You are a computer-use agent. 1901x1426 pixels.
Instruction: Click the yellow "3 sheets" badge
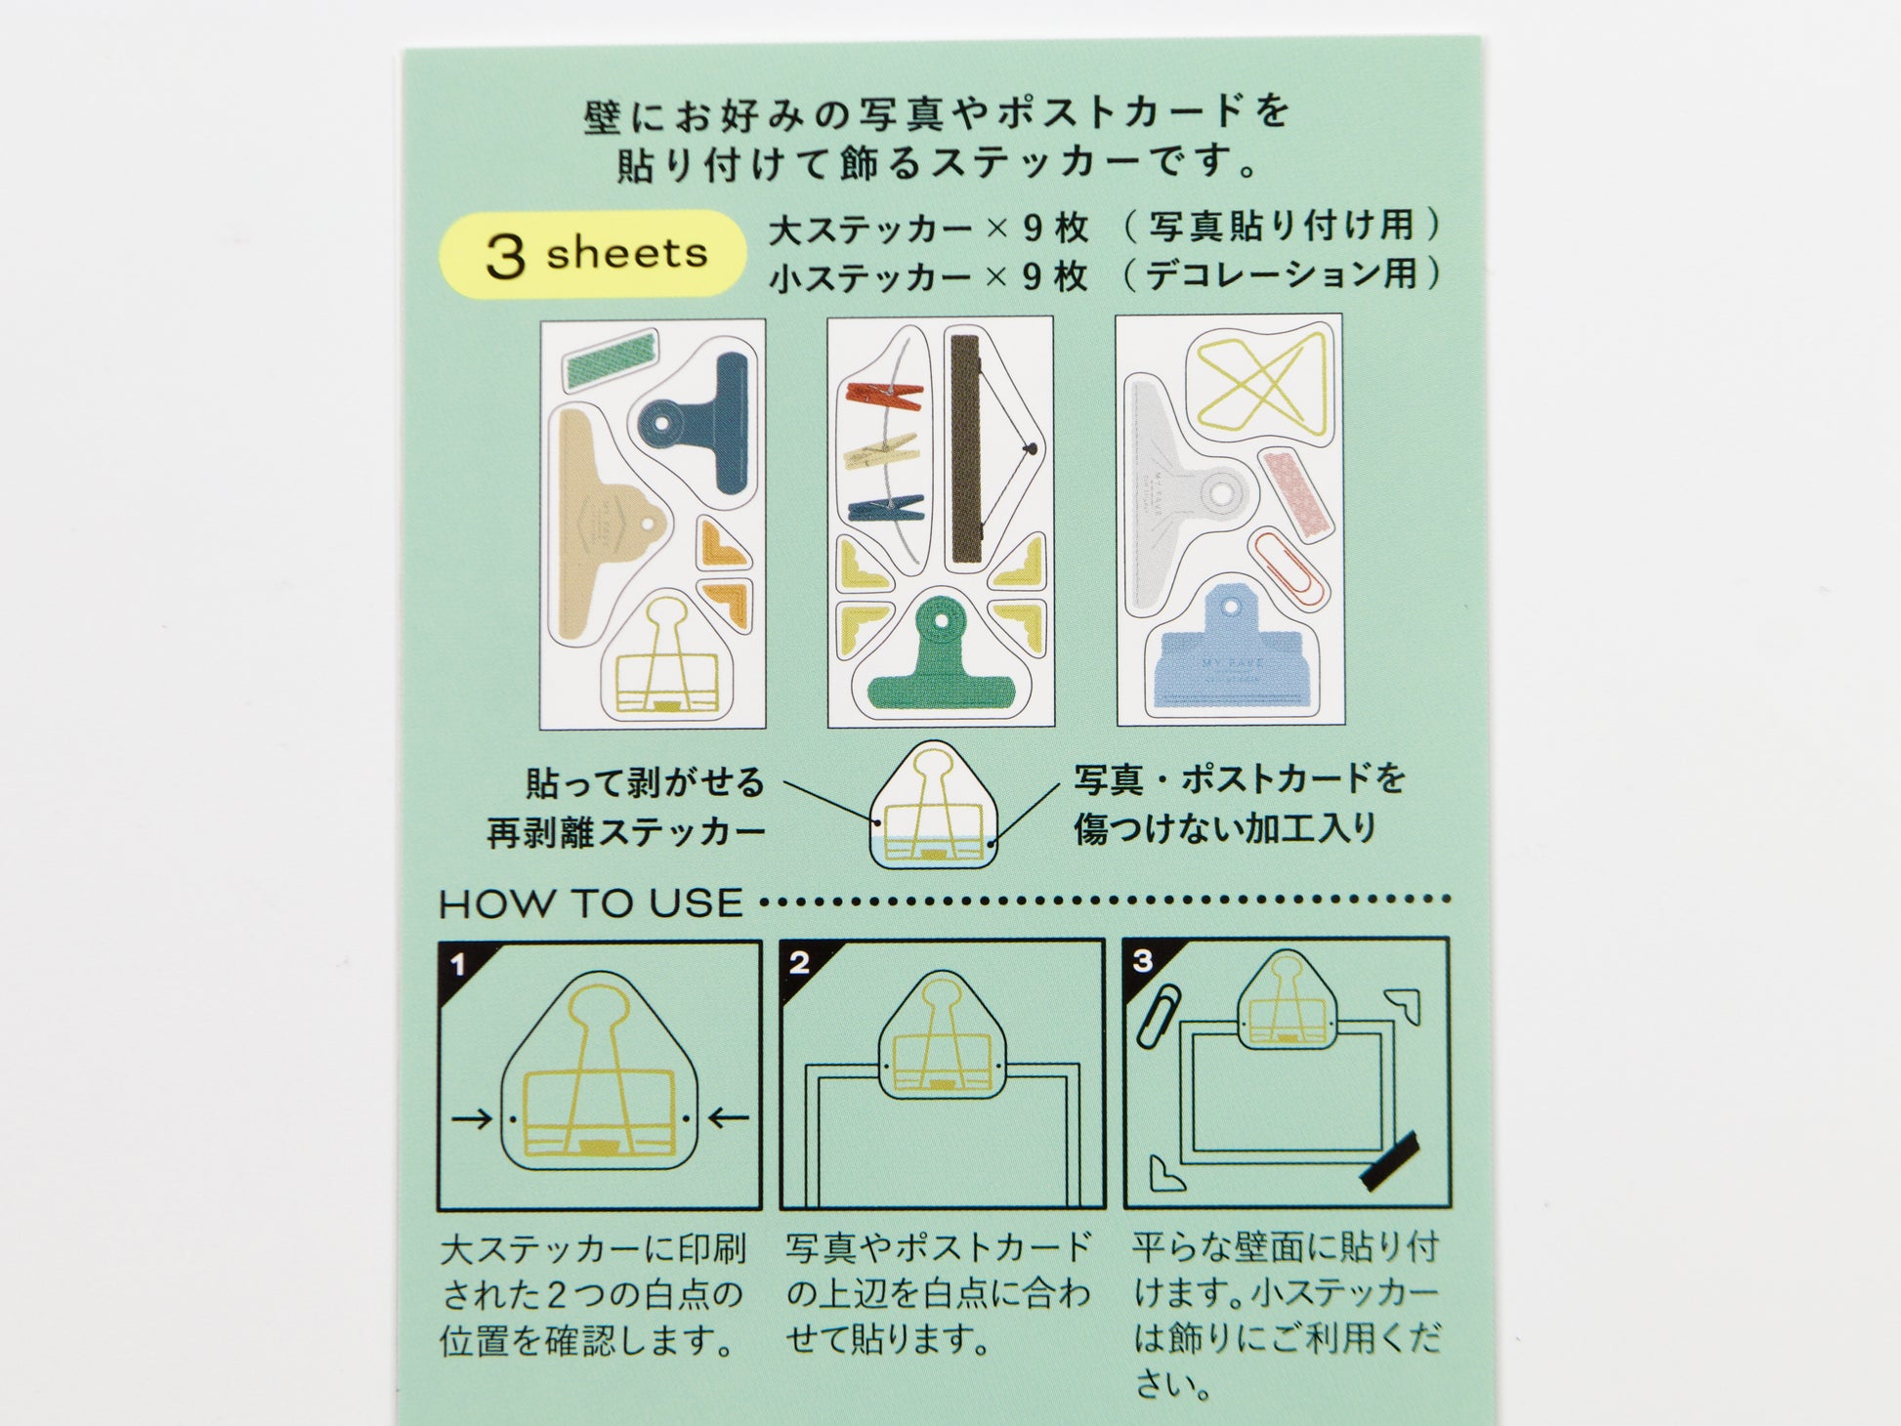click(x=593, y=254)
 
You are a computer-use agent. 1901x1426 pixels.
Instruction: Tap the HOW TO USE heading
click(x=591, y=903)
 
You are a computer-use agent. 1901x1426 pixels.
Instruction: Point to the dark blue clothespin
click(x=886, y=508)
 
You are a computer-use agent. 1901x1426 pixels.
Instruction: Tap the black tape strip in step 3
click(x=1388, y=1161)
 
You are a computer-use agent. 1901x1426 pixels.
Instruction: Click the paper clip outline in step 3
click(x=1159, y=1016)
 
